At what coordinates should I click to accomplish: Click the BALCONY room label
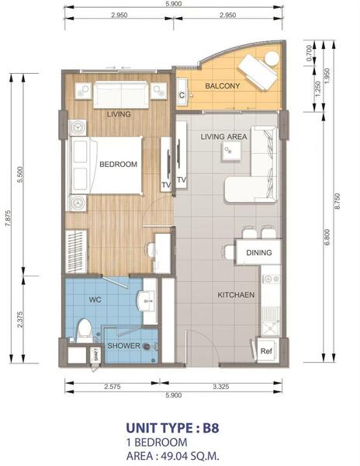click(223, 86)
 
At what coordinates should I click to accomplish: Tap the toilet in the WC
click(85, 331)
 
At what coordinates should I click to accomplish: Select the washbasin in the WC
click(146, 301)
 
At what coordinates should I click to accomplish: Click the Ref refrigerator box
click(266, 351)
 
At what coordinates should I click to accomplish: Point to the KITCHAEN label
click(236, 295)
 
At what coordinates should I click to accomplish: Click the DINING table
click(258, 252)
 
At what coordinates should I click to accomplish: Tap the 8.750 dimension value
click(337, 201)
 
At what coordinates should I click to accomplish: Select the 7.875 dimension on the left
click(8, 218)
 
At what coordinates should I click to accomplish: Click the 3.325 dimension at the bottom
click(221, 387)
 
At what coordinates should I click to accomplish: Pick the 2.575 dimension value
click(112, 387)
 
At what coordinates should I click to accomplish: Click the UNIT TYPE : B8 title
click(173, 428)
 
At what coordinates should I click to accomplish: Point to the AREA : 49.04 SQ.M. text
click(173, 456)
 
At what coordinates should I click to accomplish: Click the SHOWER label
click(124, 346)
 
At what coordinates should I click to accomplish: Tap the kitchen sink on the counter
click(271, 328)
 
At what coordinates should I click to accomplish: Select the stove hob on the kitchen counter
click(270, 279)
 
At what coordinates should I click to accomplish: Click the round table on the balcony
click(272, 58)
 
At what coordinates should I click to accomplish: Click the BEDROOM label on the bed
click(119, 165)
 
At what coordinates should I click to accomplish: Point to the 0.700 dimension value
click(309, 54)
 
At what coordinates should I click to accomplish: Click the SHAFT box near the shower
click(96, 356)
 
